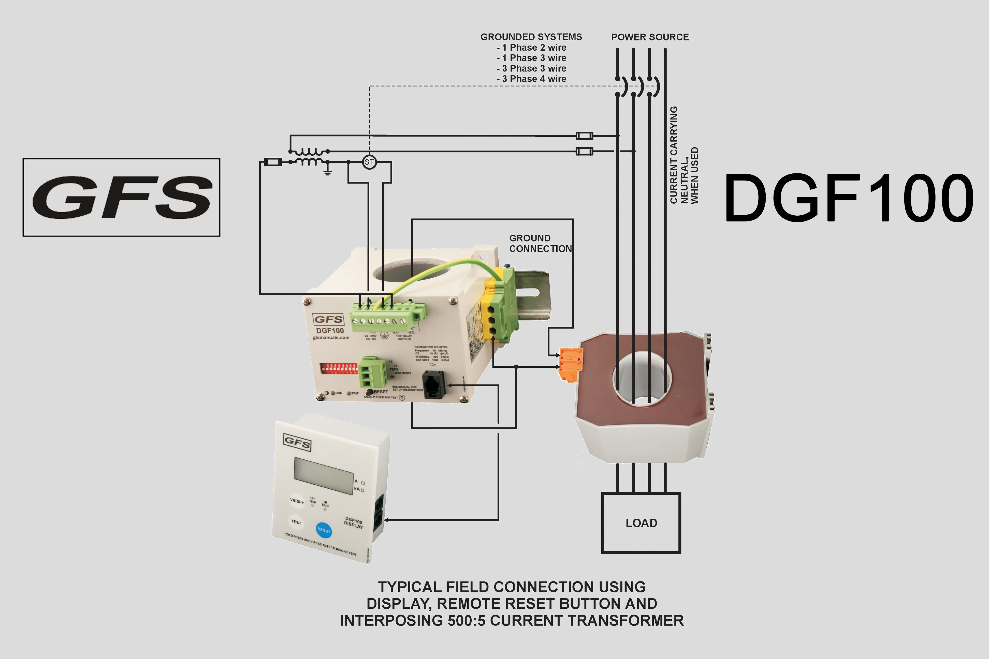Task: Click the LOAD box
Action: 641,523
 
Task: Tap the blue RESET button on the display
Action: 323,530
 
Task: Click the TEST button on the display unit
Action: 296,522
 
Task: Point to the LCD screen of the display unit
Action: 323,475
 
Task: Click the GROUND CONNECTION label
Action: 540,243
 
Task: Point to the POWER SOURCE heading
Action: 650,37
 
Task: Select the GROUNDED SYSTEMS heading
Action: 531,37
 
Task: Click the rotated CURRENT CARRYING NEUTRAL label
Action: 684,155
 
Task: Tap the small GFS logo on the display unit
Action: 297,442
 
